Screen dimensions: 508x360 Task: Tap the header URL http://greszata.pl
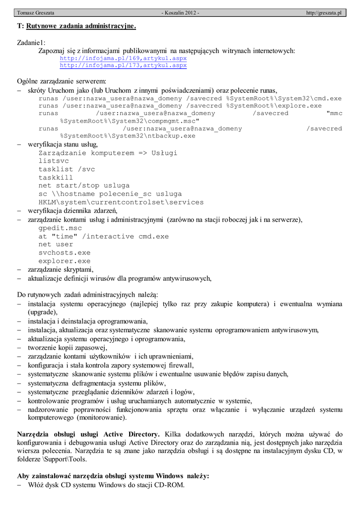click(x=324, y=12)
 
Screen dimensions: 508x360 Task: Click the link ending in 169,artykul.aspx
click(x=123, y=58)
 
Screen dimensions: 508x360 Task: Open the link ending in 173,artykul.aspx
click(x=123, y=65)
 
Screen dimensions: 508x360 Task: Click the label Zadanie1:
click(x=31, y=43)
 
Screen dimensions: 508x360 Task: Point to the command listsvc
click(x=54, y=161)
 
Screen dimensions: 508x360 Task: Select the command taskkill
click(x=56, y=177)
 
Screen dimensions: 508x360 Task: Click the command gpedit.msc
click(x=60, y=228)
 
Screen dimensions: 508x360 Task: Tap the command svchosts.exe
click(x=65, y=253)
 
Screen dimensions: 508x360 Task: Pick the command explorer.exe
click(x=65, y=261)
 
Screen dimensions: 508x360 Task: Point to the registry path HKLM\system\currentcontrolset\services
click(x=121, y=202)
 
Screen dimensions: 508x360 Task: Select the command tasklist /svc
click(x=67, y=169)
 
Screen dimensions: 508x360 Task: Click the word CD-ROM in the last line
click(x=171, y=485)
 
